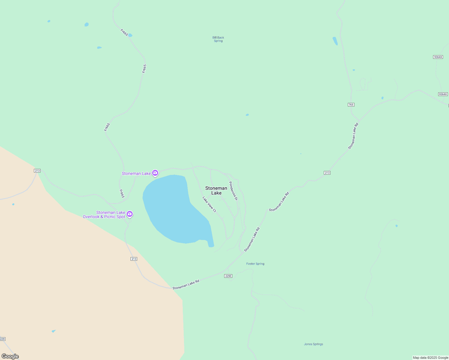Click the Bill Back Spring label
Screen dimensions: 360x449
tap(218, 39)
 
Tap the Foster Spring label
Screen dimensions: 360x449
tap(255, 264)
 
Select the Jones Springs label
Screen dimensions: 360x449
tap(313, 344)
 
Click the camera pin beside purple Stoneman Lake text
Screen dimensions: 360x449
tap(155, 173)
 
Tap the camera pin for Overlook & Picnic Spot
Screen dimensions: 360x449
tap(130, 214)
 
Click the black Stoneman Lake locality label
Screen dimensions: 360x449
tap(216, 190)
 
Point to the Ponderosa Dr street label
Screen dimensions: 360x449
tap(233, 191)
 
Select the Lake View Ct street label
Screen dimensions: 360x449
tap(209, 204)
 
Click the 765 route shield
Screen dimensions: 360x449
tap(351, 105)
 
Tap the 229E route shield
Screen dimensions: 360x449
tap(228, 276)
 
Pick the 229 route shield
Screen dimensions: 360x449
tap(2, 339)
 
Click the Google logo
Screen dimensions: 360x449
tap(10, 356)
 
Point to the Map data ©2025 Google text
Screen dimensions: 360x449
tap(430, 358)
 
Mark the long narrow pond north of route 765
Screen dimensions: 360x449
tap(335, 41)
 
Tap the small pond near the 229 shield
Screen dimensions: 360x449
tap(53, 331)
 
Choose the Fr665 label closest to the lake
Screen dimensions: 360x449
tap(122, 194)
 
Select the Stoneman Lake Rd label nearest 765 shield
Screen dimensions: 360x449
tap(353, 136)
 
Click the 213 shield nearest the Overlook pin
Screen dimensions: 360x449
tap(134, 259)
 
